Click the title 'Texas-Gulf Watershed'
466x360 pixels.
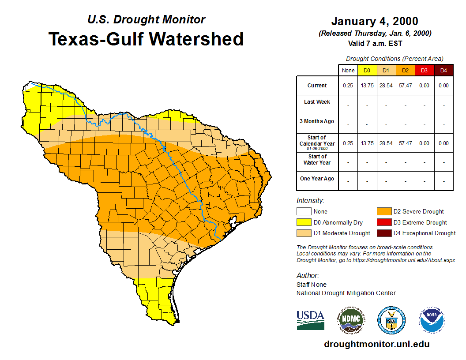point(146,39)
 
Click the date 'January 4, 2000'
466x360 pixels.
point(375,21)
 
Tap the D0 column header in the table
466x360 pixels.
point(367,70)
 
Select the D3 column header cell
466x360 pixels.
point(424,70)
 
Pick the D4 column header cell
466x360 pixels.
point(443,70)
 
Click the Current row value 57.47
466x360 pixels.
point(405,86)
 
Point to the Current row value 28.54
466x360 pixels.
point(386,86)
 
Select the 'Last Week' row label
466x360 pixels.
point(317,102)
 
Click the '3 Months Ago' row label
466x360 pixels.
point(317,121)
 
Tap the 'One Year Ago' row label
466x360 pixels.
point(317,179)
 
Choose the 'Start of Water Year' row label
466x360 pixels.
point(317,160)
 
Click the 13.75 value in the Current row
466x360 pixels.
point(367,86)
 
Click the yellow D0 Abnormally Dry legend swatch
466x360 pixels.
point(304,222)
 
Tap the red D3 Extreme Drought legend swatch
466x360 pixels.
point(383,222)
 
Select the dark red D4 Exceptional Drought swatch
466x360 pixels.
point(383,233)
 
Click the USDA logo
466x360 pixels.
point(310,320)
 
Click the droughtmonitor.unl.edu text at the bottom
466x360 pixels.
point(376,344)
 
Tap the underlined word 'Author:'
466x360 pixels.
point(308,276)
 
